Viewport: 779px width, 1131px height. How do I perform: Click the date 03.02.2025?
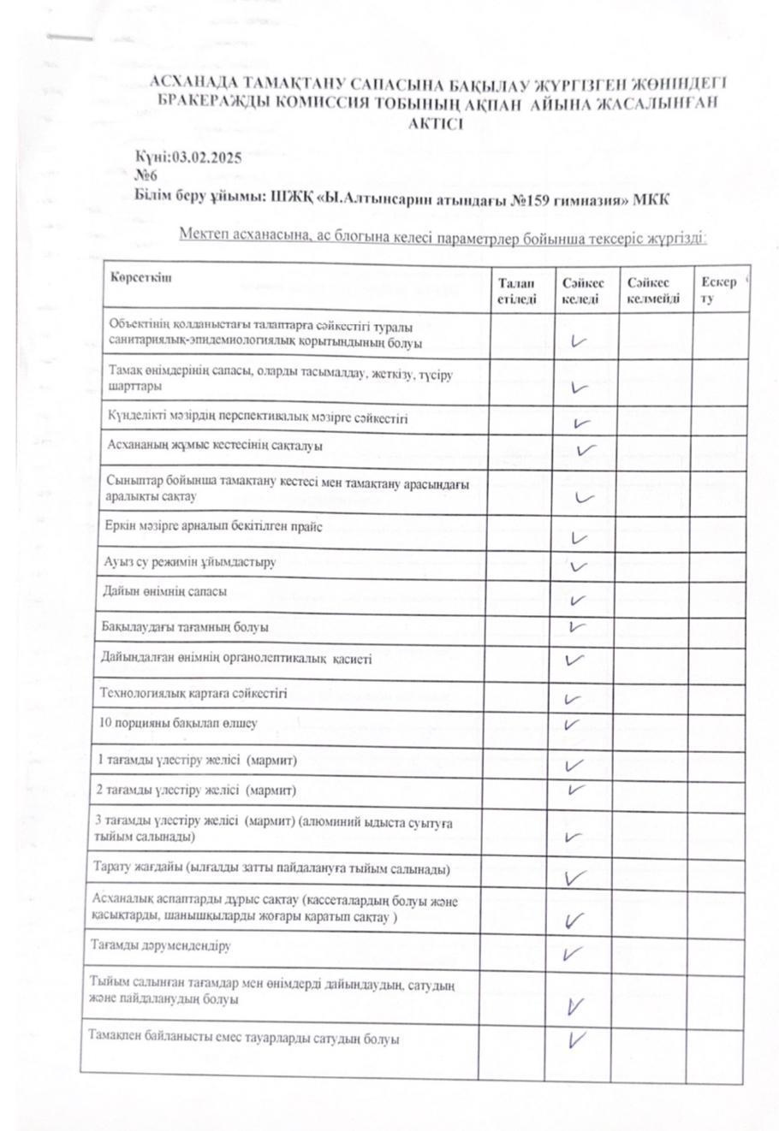click(x=207, y=157)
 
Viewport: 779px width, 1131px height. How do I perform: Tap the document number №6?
click(x=146, y=176)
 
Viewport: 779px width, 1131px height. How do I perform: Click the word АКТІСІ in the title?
click(x=437, y=122)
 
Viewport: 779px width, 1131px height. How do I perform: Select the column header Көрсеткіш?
click(x=140, y=277)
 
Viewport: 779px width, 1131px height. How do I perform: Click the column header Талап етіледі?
click(x=516, y=291)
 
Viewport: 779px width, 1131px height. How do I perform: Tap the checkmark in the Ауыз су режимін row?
click(x=578, y=566)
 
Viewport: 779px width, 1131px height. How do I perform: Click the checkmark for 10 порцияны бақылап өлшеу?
click(x=574, y=725)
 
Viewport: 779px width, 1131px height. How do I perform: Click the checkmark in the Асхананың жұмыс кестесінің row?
click(x=586, y=450)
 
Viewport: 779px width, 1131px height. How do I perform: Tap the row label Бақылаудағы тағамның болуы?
click(x=185, y=627)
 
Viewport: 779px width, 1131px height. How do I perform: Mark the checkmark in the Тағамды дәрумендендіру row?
click(x=574, y=953)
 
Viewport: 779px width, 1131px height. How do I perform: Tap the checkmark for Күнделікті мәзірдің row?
click(x=582, y=423)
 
